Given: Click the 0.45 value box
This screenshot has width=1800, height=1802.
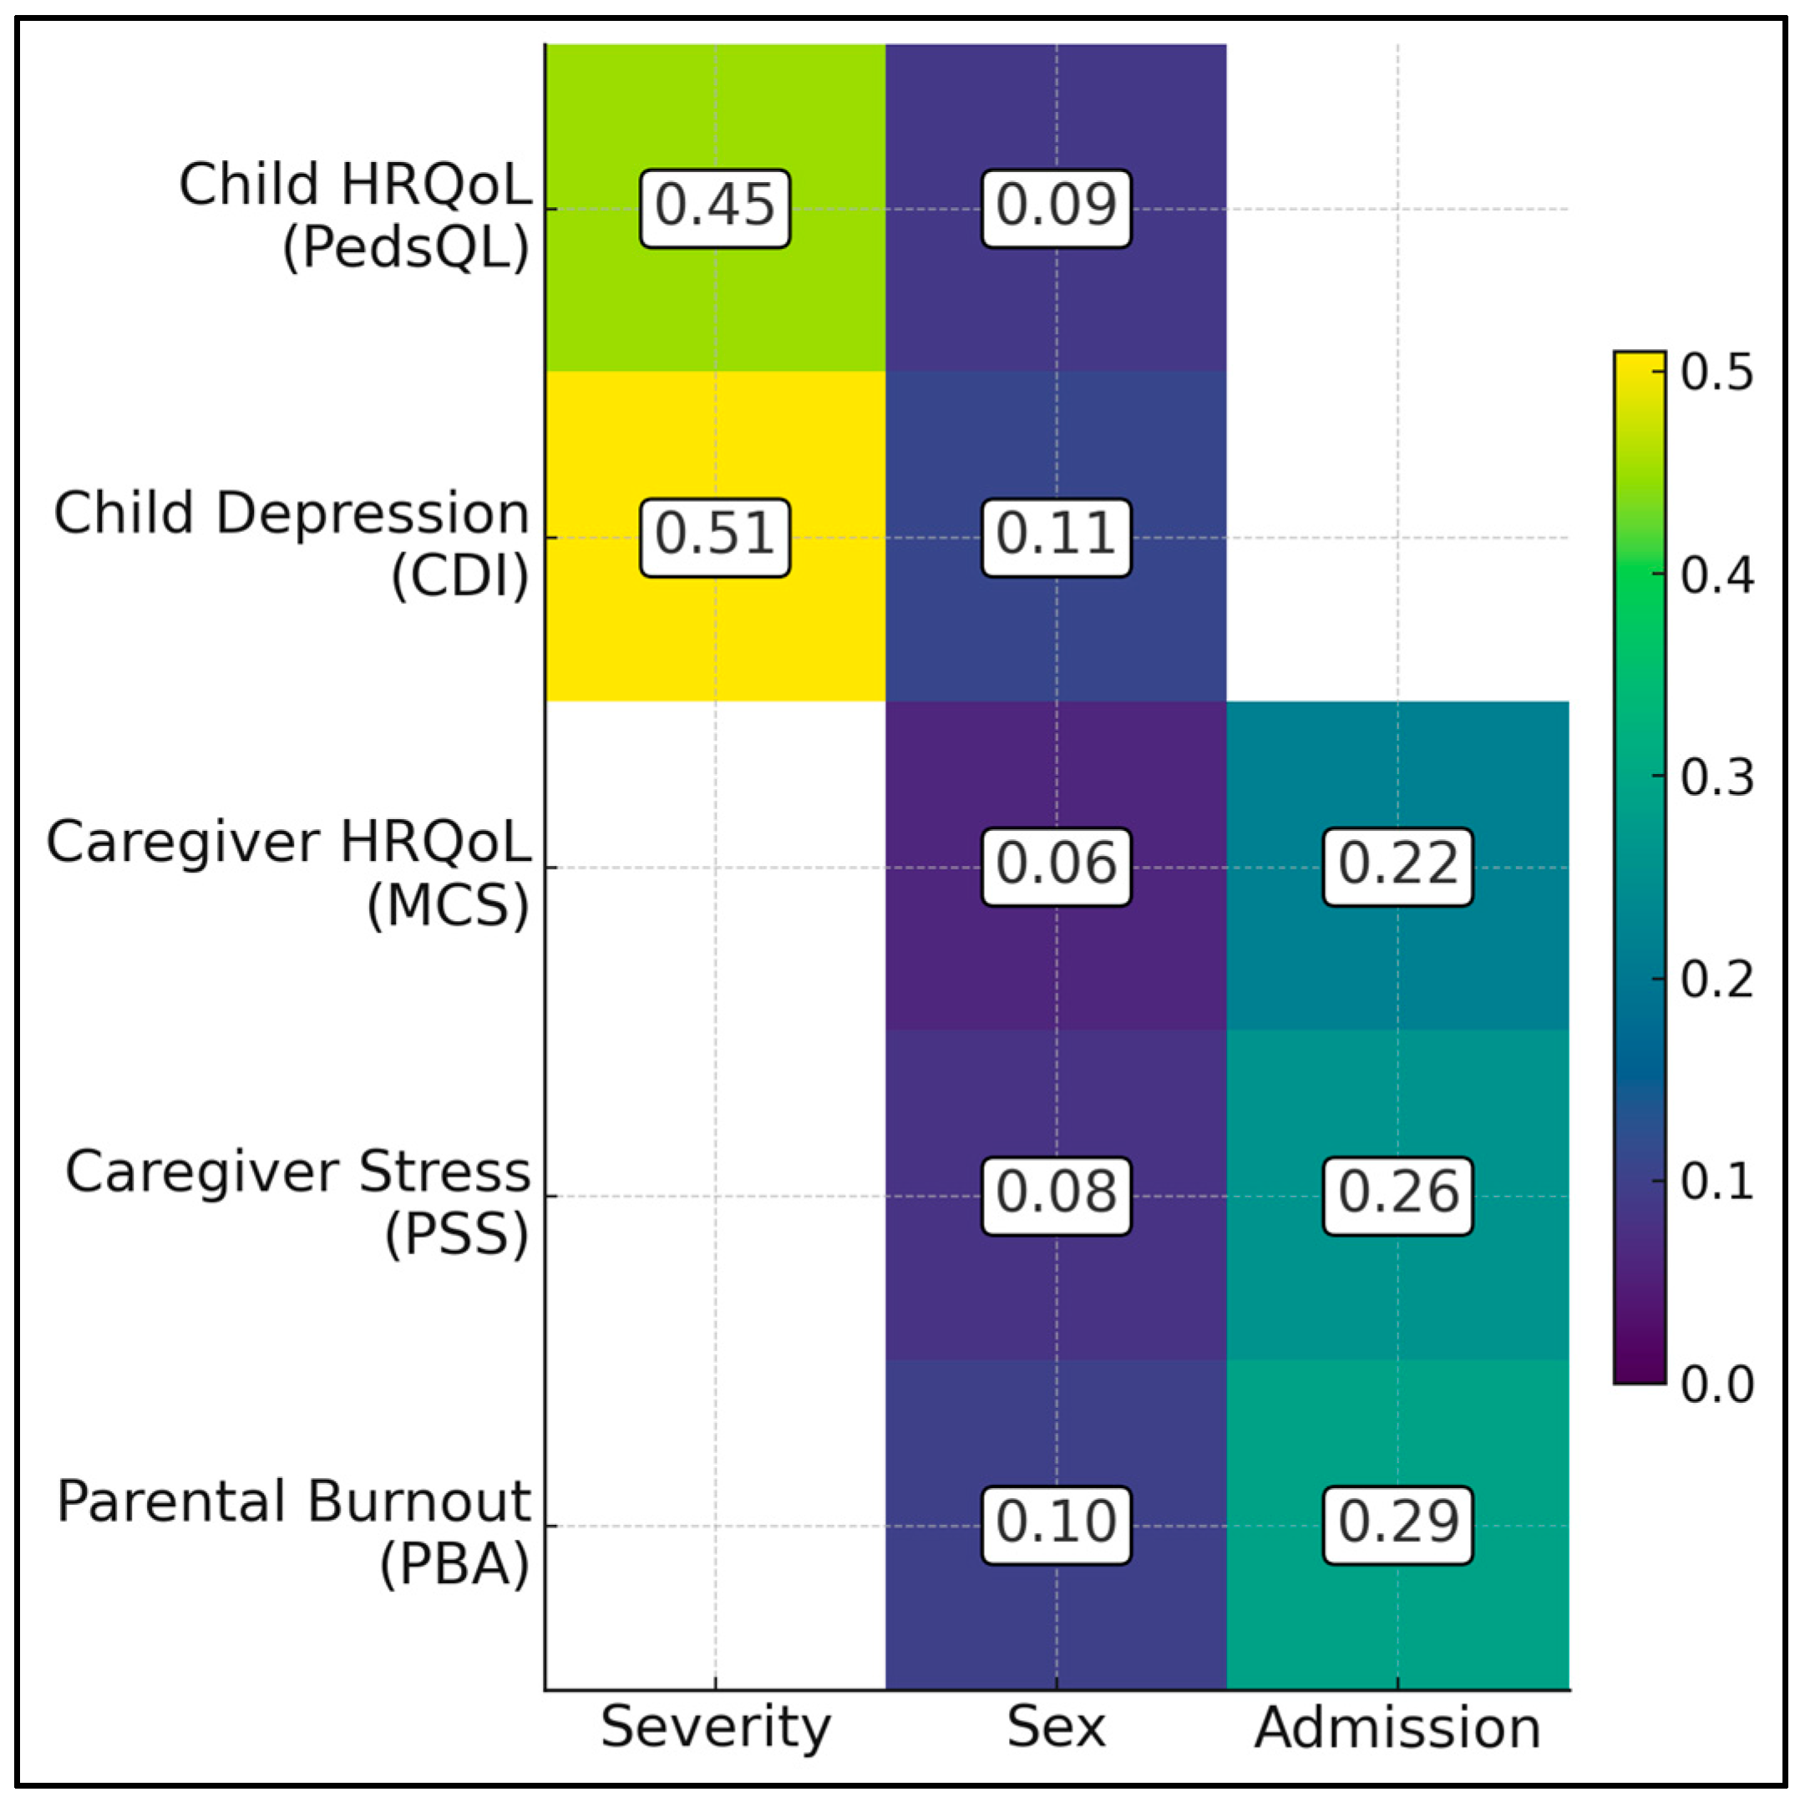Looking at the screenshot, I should (715, 208).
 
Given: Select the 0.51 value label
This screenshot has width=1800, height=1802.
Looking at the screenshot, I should (715, 537).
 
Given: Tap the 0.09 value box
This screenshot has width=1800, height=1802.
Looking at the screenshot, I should (1056, 208).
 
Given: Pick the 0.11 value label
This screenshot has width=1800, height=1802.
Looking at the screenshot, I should (1056, 537).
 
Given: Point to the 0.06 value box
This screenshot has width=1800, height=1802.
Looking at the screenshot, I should (1056, 867).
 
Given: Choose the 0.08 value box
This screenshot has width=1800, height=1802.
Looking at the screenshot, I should (1056, 1196).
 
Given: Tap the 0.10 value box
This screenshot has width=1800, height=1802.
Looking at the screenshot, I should (1056, 1525).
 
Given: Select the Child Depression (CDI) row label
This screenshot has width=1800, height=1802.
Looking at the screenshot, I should (292, 544).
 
